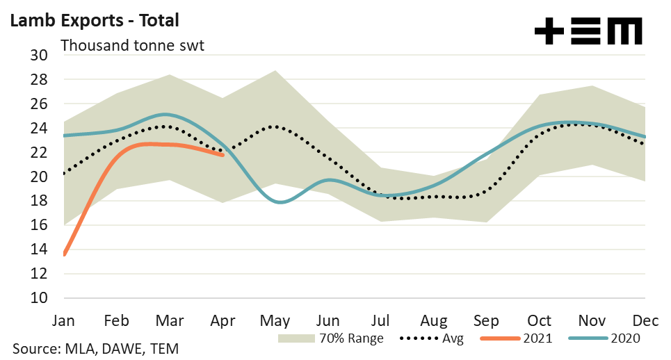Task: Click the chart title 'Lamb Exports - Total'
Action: click(x=94, y=20)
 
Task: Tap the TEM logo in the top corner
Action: click(x=588, y=32)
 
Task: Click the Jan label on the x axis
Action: click(x=64, y=320)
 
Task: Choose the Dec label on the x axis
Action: click(x=646, y=320)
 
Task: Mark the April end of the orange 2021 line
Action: click(x=223, y=155)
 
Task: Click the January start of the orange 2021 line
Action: click(x=65, y=254)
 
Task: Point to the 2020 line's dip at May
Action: click(x=278, y=202)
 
